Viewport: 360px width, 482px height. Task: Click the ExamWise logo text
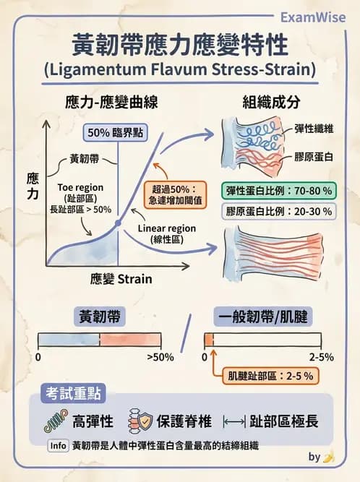point(313,17)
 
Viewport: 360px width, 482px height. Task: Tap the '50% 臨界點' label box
point(115,133)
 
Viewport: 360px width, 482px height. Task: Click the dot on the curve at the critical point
point(118,223)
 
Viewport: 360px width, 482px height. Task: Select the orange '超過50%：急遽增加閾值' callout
point(175,195)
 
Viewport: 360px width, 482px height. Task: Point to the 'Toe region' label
point(80,187)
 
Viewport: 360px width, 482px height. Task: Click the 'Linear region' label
point(167,228)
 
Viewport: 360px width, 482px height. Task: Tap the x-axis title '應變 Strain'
point(121,279)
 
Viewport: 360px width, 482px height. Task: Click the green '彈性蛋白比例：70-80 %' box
point(279,191)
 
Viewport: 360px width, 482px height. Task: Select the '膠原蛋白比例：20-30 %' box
point(279,212)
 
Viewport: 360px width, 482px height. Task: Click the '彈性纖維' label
point(314,129)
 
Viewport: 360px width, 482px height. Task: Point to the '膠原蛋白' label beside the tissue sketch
point(314,157)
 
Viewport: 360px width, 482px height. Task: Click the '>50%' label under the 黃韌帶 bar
point(160,357)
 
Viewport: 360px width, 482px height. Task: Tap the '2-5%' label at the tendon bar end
point(322,357)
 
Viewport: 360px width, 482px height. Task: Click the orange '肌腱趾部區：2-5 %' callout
point(271,376)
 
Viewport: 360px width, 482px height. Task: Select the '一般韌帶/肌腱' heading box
point(263,317)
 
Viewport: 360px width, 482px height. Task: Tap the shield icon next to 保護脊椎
point(145,421)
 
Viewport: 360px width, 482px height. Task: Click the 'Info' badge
point(58,446)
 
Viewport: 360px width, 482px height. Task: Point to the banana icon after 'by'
point(329,457)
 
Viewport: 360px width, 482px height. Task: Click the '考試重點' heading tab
point(74,393)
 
